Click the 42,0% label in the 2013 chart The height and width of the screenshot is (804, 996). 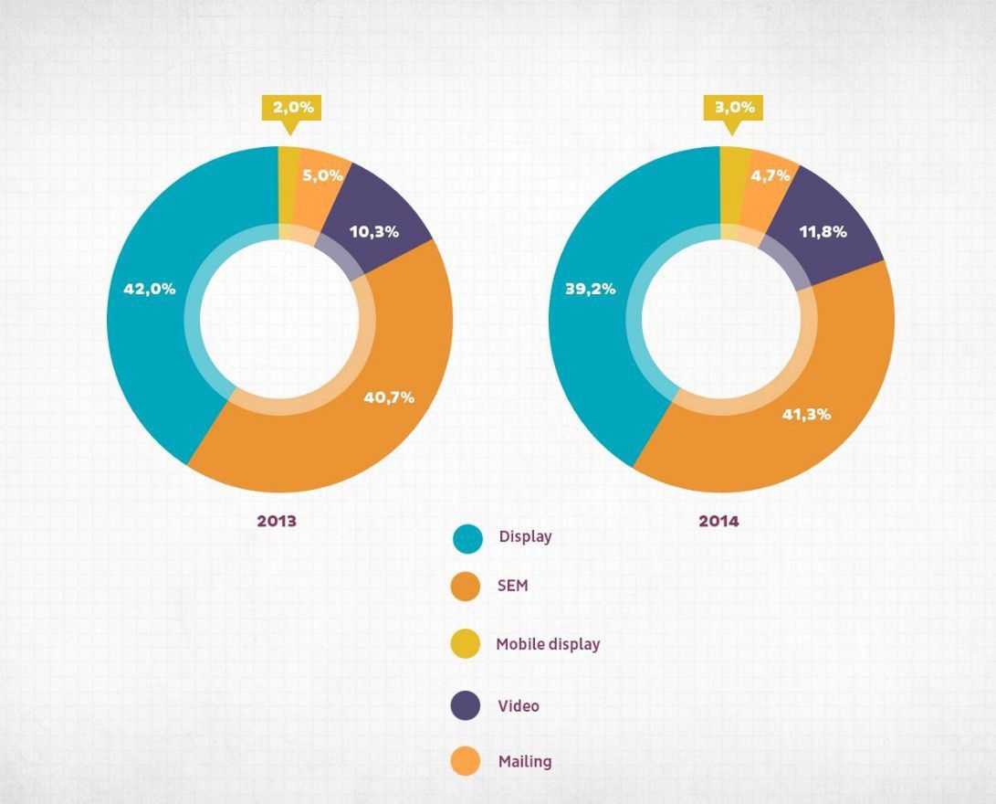click(150, 289)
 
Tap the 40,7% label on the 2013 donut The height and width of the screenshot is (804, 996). click(388, 397)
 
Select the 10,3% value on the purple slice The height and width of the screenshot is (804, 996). click(374, 232)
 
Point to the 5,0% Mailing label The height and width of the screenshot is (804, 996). click(322, 175)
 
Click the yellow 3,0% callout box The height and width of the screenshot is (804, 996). click(734, 108)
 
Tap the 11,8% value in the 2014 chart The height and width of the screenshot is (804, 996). click(823, 232)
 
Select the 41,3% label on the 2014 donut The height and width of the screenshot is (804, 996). click(806, 414)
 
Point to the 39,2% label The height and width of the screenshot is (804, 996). click(591, 289)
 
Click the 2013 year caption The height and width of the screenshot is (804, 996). click(277, 522)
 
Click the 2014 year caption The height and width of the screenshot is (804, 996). click(718, 522)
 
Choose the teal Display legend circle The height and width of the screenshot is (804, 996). click(467, 539)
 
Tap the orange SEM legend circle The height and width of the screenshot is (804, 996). click(467, 587)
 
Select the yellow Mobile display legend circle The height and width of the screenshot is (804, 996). click(467, 644)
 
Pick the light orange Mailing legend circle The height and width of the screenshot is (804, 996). click(467, 761)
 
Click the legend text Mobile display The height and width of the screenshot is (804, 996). click(548, 644)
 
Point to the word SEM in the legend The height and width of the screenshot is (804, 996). click(513, 586)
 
